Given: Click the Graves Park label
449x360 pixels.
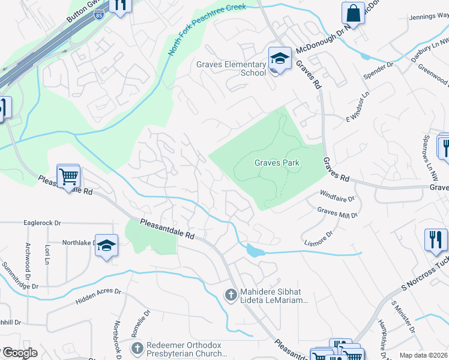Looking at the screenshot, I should coord(276,163).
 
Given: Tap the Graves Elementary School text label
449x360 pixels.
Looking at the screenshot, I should coord(231,69).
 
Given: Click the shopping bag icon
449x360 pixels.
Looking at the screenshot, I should coord(354,13).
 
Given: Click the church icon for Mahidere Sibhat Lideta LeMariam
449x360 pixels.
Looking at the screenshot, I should coord(229,295).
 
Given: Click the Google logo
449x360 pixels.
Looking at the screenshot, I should coord(19,353).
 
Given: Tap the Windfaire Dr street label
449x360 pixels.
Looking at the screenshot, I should coord(337,197).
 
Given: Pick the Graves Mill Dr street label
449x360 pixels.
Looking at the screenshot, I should coord(337,212).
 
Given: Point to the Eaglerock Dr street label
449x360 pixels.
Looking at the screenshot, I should coord(42,223).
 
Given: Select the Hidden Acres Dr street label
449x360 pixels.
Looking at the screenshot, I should coord(98,295).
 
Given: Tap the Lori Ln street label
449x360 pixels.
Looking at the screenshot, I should coord(46,254).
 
